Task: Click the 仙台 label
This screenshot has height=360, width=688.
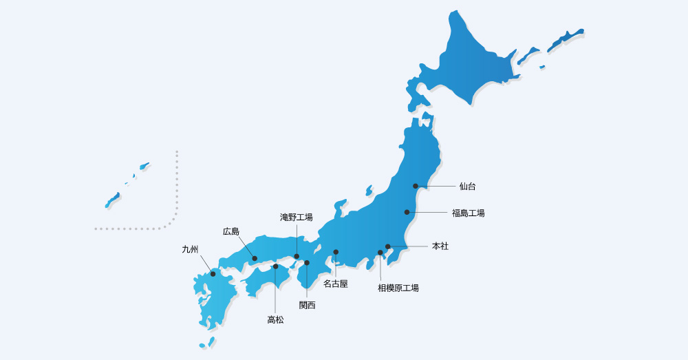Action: coord(468,186)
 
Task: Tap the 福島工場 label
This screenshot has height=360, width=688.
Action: coord(469,213)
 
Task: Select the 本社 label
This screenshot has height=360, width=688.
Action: coord(440,246)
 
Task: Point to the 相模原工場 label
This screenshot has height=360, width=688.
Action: coord(398,288)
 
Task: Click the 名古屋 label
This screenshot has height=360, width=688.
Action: coord(336,283)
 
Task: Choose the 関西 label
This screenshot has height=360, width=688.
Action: coord(307,305)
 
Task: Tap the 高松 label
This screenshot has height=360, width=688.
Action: coord(275,319)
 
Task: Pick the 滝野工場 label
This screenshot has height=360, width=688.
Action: coord(297,217)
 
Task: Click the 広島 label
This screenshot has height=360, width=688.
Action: coord(231,231)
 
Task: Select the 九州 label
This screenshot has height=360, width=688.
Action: coord(190,249)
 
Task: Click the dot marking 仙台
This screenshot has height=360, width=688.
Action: coord(416,186)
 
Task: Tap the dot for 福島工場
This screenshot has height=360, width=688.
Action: coord(407,212)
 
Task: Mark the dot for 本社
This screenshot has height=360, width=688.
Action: coord(387,246)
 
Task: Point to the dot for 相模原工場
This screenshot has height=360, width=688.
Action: coord(380,253)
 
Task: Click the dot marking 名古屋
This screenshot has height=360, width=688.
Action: coord(336,252)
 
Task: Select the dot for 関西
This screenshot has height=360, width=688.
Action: coord(307,263)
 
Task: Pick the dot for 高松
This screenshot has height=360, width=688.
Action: coord(275,266)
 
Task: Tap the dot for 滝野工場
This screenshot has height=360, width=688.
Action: coord(297,257)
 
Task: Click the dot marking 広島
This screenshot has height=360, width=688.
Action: coord(255,258)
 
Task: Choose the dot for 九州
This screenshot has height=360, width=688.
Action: coord(213,274)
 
